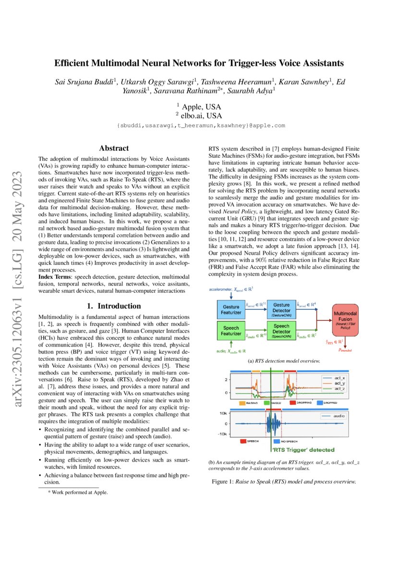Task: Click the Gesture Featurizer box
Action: coord(231,309)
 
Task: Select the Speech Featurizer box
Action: coord(231,330)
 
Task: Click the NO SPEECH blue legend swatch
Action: coord(277,440)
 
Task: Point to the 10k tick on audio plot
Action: coord(223,413)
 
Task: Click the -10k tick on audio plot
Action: coord(221,434)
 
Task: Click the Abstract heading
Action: coord(114,149)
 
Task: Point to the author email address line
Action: coord(201,125)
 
